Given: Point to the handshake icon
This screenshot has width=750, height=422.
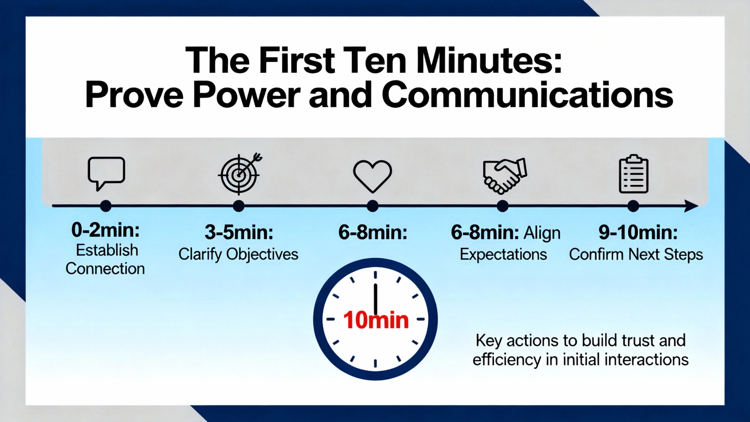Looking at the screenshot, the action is click(x=505, y=176).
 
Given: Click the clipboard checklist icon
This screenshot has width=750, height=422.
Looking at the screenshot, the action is click(x=633, y=174).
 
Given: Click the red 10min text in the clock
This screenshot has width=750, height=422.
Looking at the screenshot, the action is click(x=376, y=320).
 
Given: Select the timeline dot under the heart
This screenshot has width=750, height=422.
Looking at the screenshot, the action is click(x=372, y=206).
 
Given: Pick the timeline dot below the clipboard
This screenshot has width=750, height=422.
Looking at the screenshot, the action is click(x=633, y=206).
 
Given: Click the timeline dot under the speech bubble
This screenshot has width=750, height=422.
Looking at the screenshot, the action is click(x=106, y=206).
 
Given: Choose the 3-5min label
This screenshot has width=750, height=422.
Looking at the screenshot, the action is click(x=239, y=232).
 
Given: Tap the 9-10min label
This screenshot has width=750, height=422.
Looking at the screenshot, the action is click(x=638, y=232).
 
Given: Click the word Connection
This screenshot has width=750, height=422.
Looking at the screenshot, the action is click(x=105, y=268).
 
